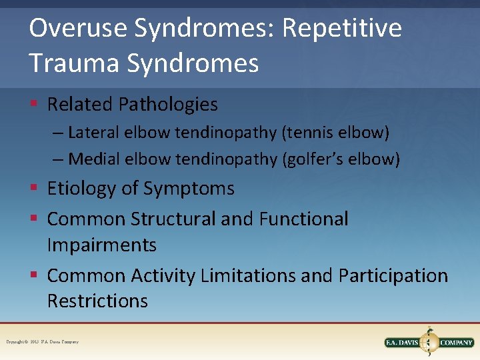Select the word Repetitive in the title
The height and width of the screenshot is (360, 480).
pyautogui.click(x=342, y=28)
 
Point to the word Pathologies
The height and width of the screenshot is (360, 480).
pyautogui.click(x=168, y=105)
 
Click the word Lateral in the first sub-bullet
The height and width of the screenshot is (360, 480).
pyautogui.click(x=91, y=133)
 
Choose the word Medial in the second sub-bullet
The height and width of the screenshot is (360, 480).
pyautogui.click(x=92, y=159)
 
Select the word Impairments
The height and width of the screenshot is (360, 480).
pyautogui.click(x=101, y=245)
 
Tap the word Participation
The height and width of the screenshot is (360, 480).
pyautogui.click(x=393, y=275)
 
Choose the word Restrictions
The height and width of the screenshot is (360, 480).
pyautogui.click(x=97, y=301)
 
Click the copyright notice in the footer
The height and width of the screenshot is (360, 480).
pyautogui.click(x=42, y=342)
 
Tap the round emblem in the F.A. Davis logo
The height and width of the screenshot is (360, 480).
pyautogui.click(x=428, y=343)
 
